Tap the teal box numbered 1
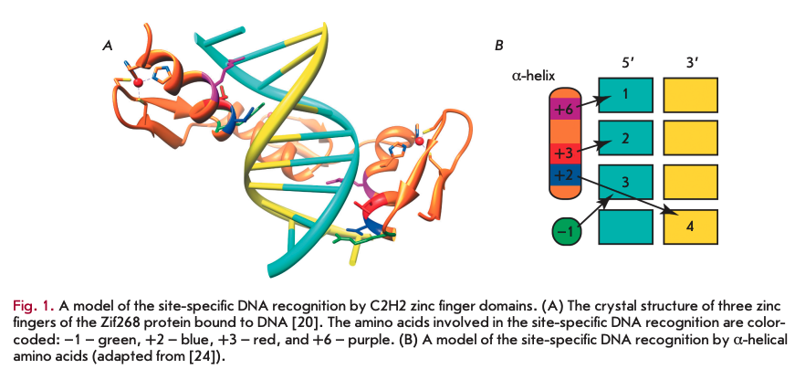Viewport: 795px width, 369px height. [625, 94]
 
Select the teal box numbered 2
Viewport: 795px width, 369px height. [625, 139]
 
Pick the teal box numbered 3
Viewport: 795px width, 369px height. [625, 183]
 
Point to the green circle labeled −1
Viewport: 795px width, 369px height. [567, 232]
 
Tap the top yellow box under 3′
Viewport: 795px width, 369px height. [689, 94]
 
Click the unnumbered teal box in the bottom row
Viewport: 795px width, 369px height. [625, 227]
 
